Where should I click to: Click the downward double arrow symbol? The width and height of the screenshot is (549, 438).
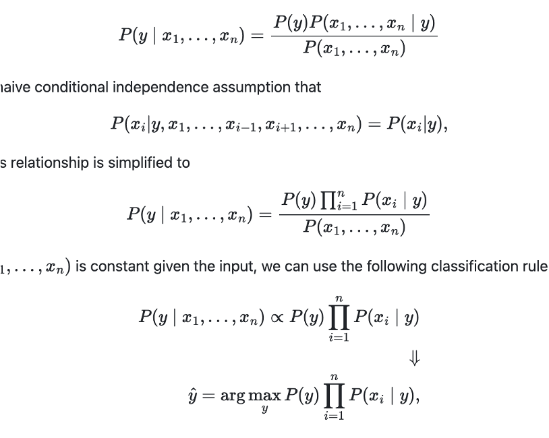[x=415, y=360]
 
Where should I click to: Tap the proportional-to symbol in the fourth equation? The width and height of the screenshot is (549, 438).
[x=277, y=317]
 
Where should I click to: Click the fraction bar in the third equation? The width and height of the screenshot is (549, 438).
[x=354, y=215]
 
